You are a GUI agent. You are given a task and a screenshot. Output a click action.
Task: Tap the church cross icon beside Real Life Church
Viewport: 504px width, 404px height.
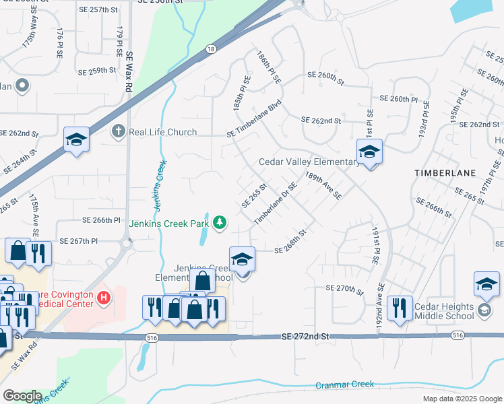coord(119,131)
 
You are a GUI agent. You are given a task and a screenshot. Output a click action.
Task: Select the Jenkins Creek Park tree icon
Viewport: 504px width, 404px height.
coord(219,222)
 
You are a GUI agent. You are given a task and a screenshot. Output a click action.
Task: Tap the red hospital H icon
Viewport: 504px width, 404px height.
coord(103,297)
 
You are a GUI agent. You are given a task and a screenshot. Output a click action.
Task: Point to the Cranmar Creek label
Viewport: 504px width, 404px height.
coord(344,384)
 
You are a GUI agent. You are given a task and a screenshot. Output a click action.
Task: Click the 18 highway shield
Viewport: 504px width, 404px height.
coord(212,49)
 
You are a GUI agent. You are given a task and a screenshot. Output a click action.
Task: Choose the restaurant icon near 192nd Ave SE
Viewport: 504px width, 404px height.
coord(400,309)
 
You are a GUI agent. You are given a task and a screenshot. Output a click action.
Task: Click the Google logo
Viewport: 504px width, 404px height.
coord(22,396)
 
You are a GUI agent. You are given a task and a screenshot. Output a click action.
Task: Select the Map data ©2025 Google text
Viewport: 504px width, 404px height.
coord(462,399)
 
